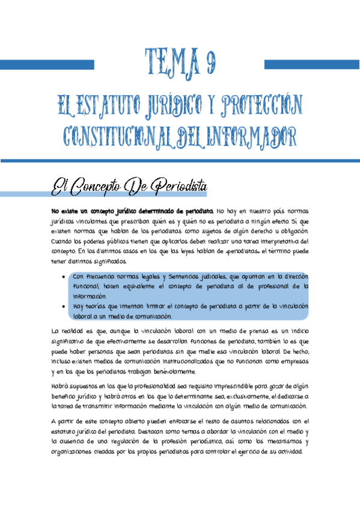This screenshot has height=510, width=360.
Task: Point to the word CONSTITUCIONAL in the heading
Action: click(x=119, y=137)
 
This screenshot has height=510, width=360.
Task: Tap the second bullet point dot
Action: click(x=64, y=306)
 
